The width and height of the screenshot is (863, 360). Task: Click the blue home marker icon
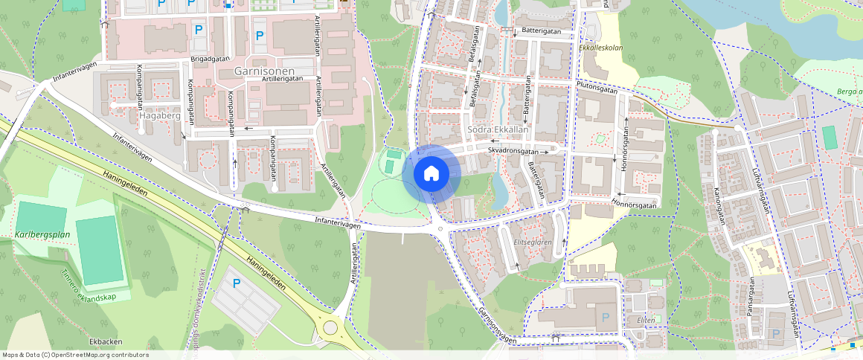point(431,173)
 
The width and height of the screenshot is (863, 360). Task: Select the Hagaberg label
point(160,116)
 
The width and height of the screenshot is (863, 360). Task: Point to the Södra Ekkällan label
point(498,129)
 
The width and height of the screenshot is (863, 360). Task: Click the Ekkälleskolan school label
point(600,48)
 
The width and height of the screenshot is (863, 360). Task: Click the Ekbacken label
point(105,341)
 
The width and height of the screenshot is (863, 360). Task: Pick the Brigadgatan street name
point(210,58)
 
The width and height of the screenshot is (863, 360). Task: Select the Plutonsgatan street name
point(597,87)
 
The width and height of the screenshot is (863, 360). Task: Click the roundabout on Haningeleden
point(330,327)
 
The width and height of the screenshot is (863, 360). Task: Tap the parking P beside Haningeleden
point(237,283)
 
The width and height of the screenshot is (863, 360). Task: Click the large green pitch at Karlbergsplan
point(99,250)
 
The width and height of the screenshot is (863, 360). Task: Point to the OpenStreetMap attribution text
point(76,355)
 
